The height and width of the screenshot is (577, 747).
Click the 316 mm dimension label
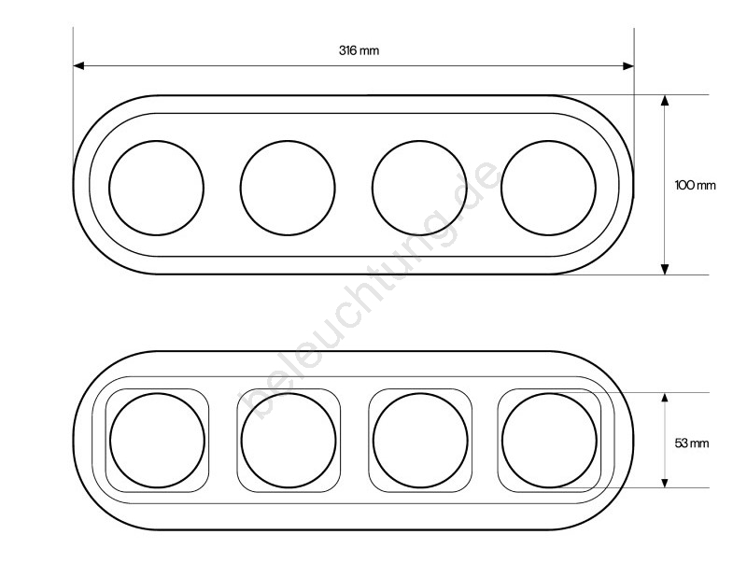coord(359,50)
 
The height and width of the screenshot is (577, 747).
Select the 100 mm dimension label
coord(695,185)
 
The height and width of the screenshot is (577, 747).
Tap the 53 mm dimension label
coord(692,443)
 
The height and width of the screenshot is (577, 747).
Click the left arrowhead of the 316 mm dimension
coord(79,65)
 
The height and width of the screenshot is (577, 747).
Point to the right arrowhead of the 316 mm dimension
coord(628,65)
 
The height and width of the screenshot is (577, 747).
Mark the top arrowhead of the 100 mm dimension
coord(665,100)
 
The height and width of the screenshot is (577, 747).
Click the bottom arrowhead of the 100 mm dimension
coord(665,269)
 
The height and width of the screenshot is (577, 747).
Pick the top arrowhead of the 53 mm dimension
coord(665,399)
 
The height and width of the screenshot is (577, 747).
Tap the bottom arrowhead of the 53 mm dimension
coord(665,482)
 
